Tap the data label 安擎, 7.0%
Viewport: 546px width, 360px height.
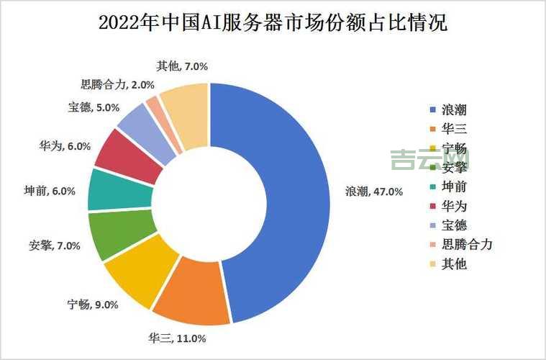(x=53, y=245)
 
